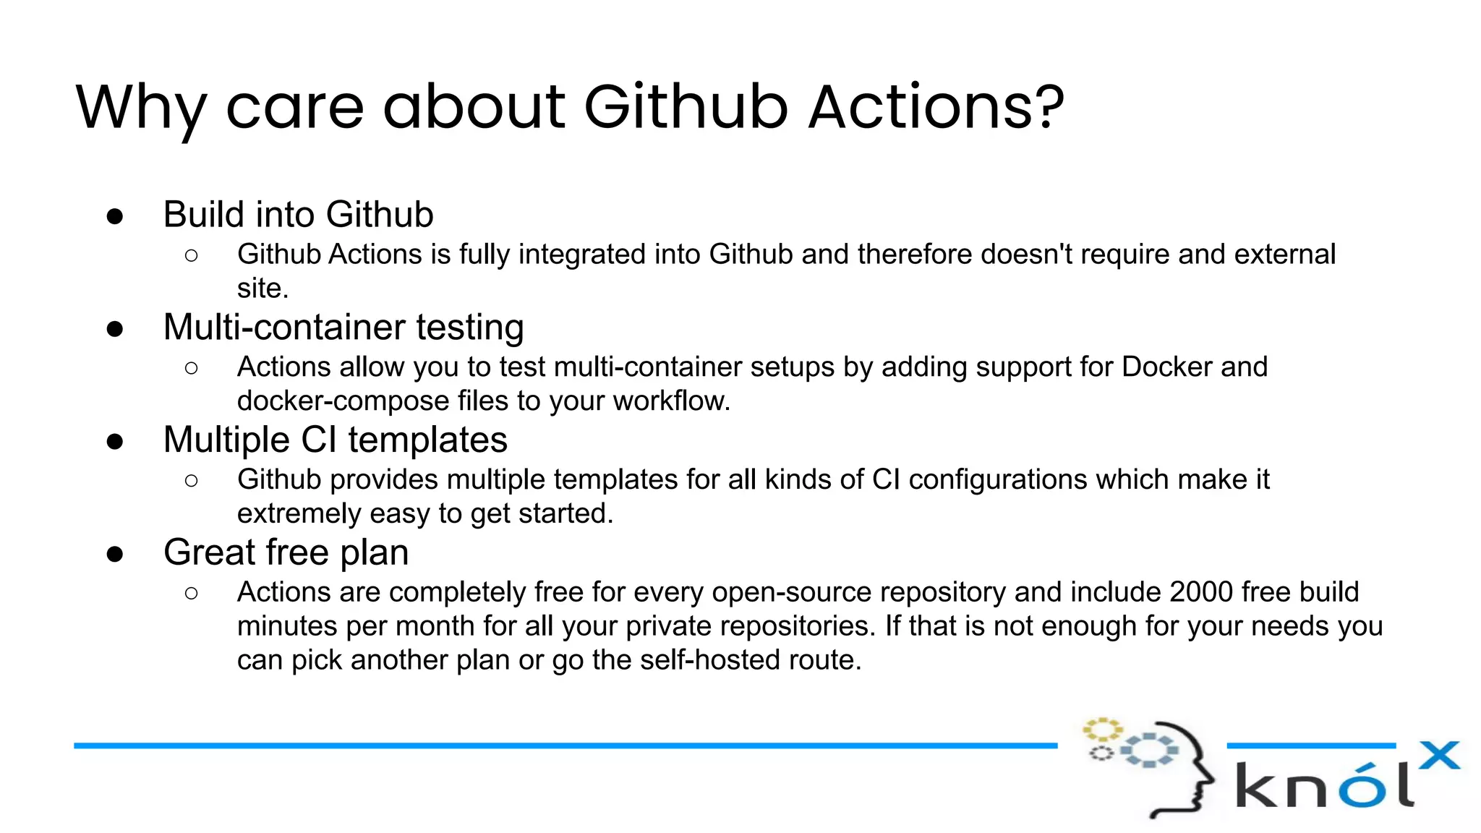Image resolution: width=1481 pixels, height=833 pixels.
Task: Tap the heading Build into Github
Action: pos(298,215)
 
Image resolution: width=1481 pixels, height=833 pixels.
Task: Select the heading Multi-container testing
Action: pos(343,327)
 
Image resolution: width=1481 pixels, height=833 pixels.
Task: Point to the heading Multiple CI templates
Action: pos(336,440)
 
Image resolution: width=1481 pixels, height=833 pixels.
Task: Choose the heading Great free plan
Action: pos(286,552)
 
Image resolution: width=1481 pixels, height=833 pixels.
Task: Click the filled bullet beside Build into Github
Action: pos(115,216)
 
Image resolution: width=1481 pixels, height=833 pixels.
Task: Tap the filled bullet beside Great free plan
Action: pos(115,555)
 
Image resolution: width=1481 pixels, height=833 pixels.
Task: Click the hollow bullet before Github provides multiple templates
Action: pos(191,481)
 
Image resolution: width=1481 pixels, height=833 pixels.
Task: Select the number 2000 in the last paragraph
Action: pos(1200,592)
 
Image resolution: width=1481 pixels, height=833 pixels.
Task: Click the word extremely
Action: pos(299,514)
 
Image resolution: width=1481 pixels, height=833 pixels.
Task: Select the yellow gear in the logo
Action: pos(1101,729)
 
